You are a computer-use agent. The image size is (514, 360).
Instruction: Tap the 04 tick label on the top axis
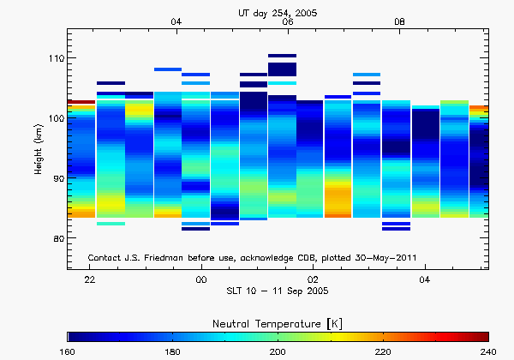176,21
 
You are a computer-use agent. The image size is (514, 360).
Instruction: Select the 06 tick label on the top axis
288,21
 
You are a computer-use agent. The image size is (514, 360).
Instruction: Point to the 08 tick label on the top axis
399,21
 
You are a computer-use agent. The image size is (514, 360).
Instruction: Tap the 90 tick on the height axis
58,178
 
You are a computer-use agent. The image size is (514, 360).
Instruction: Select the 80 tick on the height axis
58,238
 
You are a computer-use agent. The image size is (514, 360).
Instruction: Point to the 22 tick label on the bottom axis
89,279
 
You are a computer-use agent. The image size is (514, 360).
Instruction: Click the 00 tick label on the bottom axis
201,279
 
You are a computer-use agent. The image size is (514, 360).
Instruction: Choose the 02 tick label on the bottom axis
314,279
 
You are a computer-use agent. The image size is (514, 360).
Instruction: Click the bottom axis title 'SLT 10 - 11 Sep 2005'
287,291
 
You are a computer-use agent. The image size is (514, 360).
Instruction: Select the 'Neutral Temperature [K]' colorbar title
278,321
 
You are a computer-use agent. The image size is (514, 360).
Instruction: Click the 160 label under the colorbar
68,351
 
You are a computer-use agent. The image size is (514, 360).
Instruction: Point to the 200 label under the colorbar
278,351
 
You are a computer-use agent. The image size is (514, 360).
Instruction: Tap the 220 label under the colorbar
383,351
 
